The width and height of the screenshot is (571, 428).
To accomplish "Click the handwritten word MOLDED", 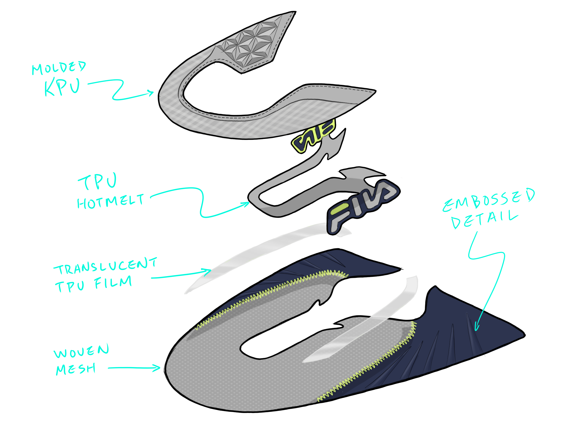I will (59, 68).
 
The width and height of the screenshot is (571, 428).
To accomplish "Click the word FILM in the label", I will (113, 282).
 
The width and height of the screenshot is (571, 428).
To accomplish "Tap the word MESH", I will (76, 369).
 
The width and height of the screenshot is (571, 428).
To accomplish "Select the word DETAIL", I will (485, 220).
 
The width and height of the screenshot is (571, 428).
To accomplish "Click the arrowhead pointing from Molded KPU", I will (152, 93).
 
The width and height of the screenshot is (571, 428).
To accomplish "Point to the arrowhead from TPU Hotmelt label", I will (247, 204).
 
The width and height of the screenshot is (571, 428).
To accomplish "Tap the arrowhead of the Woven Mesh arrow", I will (158, 368).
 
